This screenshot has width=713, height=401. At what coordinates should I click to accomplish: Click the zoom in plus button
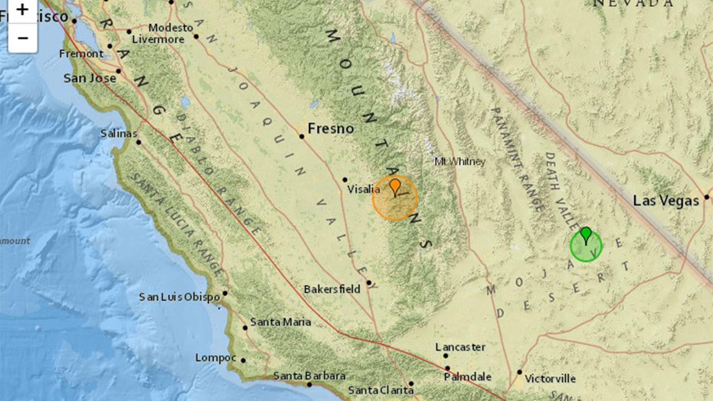[x=22, y=10]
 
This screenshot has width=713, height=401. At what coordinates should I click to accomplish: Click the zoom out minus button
[x=22, y=38]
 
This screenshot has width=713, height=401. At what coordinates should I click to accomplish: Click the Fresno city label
[x=331, y=129]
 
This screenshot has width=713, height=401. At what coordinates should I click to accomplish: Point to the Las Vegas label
[x=666, y=200]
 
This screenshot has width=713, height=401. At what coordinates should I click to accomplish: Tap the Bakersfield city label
[x=332, y=289]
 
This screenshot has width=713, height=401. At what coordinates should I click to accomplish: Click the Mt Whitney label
[x=460, y=162]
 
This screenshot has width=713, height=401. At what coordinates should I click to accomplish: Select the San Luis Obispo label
[x=179, y=297]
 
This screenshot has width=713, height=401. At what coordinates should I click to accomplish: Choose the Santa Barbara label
[x=309, y=376]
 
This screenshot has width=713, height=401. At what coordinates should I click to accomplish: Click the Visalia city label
[x=364, y=189]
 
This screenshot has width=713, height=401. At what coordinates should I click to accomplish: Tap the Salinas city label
[x=119, y=134]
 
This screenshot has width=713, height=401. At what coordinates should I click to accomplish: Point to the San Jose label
[x=90, y=78]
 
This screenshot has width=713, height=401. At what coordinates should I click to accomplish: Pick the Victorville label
[x=550, y=379]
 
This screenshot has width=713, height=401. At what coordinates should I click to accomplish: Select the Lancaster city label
[x=460, y=347]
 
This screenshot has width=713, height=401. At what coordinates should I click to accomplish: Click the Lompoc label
[x=216, y=358]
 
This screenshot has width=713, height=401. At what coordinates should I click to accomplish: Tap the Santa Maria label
[x=280, y=322]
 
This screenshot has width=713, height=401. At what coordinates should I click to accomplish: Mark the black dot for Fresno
[x=301, y=136]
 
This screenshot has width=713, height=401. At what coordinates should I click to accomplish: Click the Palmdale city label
[x=467, y=377]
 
